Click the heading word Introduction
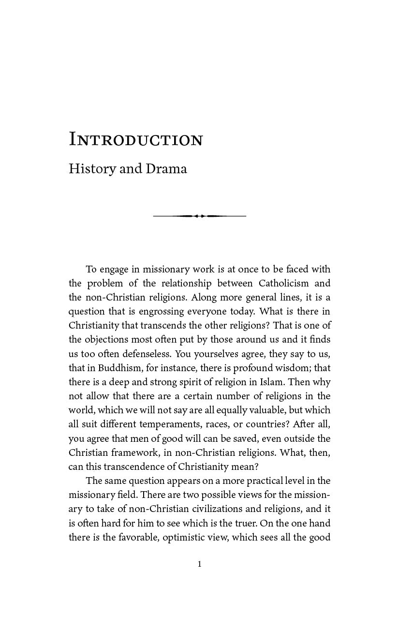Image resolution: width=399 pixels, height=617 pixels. point(136,139)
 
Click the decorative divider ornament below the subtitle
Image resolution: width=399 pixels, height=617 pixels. point(199,216)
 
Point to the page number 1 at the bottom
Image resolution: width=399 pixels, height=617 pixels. point(199,564)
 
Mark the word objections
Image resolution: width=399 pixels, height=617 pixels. point(105,340)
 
